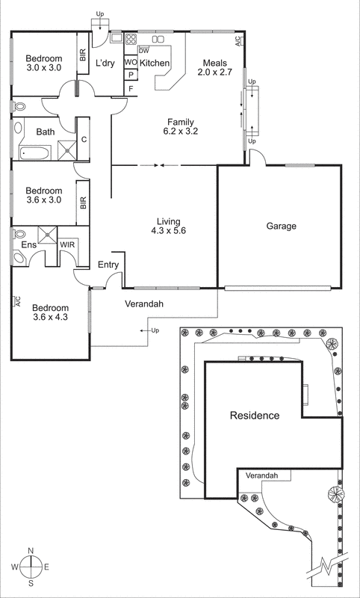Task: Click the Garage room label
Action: pyautogui.click(x=281, y=226)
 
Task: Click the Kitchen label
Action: pyautogui.click(x=155, y=64)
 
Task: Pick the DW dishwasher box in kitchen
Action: pyautogui.click(x=143, y=50)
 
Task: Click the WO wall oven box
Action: pyautogui.click(x=130, y=63)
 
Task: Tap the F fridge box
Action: pyautogui.click(x=131, y=88)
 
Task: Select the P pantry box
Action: pyautogui.click(x=130, y=75)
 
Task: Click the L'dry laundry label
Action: pyautogui.click(x=105, y=64)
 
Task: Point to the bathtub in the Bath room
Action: pyautogui.click(x=35, y=153)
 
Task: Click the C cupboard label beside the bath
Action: pyautogui.click(x=84, y=139)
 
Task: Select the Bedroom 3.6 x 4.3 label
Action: pyautogui.click(x=50, y=312)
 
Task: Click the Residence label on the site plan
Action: pyautogui.click(x=254, y=416)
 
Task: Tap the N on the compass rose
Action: pyautogui.click(x=30, y=551)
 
